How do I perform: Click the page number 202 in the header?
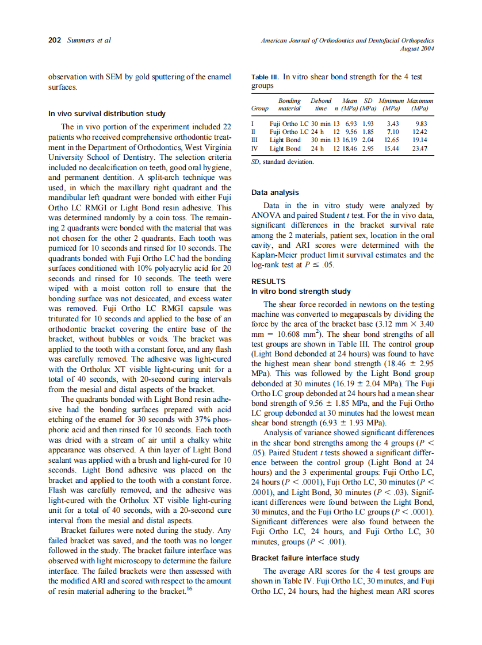click(54, 40)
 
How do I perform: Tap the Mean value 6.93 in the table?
click(351, 124)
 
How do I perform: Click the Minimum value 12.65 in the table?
click(392, 140)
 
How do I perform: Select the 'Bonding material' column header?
click(289, 104)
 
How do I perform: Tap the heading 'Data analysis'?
click(275, 193)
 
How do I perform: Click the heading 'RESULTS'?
click(269, 282)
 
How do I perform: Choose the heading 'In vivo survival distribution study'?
click(107, 113)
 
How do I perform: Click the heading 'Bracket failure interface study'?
click(305, 558)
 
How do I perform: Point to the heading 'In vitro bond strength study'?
click(301, 291)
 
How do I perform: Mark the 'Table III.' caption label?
click(265, 76)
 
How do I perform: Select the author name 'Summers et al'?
click(89, 40)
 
